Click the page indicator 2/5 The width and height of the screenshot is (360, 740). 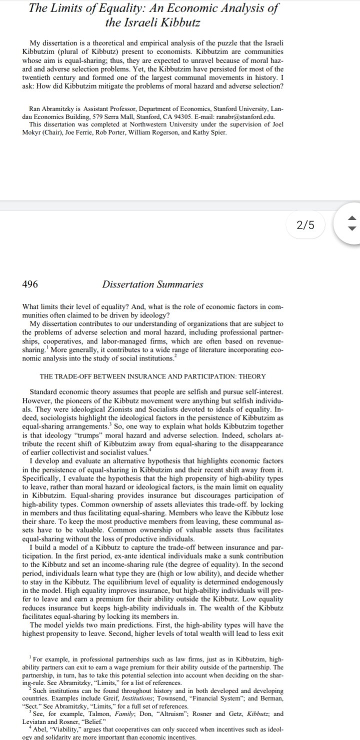(305, 225)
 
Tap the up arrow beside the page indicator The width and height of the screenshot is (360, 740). (351, 218)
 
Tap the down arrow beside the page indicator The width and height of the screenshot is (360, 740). (351, 231)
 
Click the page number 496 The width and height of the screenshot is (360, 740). (30, 284)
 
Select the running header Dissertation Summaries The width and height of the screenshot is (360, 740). (152, 284)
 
